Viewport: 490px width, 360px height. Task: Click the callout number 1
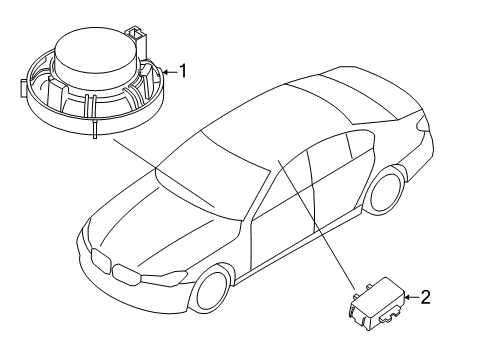183,71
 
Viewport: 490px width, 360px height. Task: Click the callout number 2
425,297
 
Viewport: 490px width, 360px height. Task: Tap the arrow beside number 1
170,72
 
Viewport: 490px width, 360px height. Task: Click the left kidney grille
100,261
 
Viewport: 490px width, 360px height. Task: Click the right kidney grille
126,275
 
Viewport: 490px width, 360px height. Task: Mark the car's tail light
421,123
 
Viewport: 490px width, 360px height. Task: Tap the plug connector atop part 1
136,37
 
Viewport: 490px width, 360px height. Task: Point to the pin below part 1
95,130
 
